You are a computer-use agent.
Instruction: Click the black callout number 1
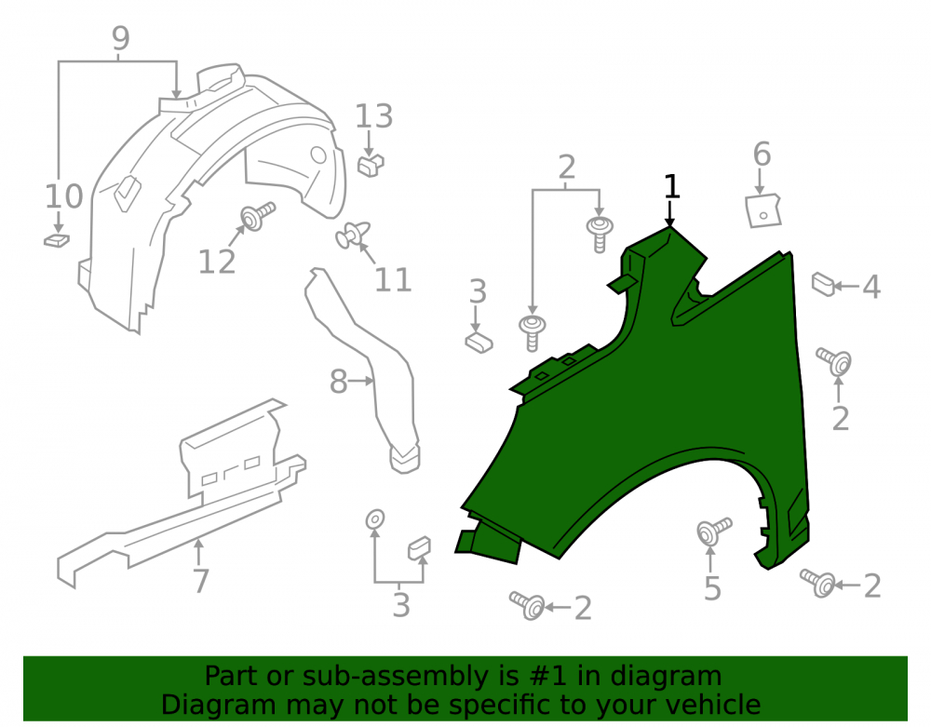[x=671, y=186]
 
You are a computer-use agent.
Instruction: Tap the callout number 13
[x=374, y=116]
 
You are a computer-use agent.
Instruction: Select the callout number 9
[x=120, y=38]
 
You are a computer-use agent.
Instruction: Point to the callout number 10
[x=64, y=196]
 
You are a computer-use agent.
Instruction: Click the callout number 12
[x=217, y=262]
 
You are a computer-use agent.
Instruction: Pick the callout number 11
[x=393, y=280]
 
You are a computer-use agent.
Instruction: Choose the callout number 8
[x=339, y=382]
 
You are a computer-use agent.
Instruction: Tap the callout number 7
[x=201, y=581]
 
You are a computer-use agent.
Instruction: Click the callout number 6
[x=762, y=155]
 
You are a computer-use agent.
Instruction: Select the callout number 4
[x=871, y=288]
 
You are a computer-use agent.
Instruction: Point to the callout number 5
[x=712, y=588]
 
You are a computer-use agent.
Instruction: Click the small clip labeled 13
[x=371, y=165]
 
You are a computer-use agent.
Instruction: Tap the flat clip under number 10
[x=57, y=240]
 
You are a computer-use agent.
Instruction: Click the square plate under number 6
[x=763, y=210]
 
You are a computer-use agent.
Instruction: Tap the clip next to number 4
[x=824, y=284]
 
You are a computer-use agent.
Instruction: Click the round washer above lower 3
[x=374, y=519]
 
